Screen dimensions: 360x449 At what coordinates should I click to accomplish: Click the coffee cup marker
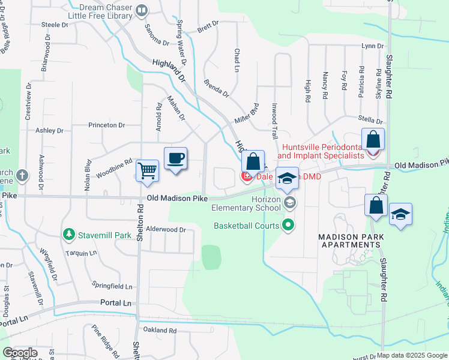(175, 158)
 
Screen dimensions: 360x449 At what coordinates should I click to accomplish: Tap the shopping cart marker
(147, 171)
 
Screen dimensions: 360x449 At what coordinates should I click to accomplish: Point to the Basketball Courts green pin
(288, 226)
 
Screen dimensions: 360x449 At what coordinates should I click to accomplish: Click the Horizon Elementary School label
(246, 203)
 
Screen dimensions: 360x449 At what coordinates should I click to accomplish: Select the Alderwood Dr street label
(166, 229)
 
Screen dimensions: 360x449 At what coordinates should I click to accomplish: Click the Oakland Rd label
(160, 330)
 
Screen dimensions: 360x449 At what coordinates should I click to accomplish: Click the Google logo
(20, 353)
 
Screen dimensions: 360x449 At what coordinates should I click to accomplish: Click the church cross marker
(22, 176)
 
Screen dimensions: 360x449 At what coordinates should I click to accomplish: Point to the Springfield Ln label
(112, 286)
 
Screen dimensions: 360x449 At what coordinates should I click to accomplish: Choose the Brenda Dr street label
(216, 88)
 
